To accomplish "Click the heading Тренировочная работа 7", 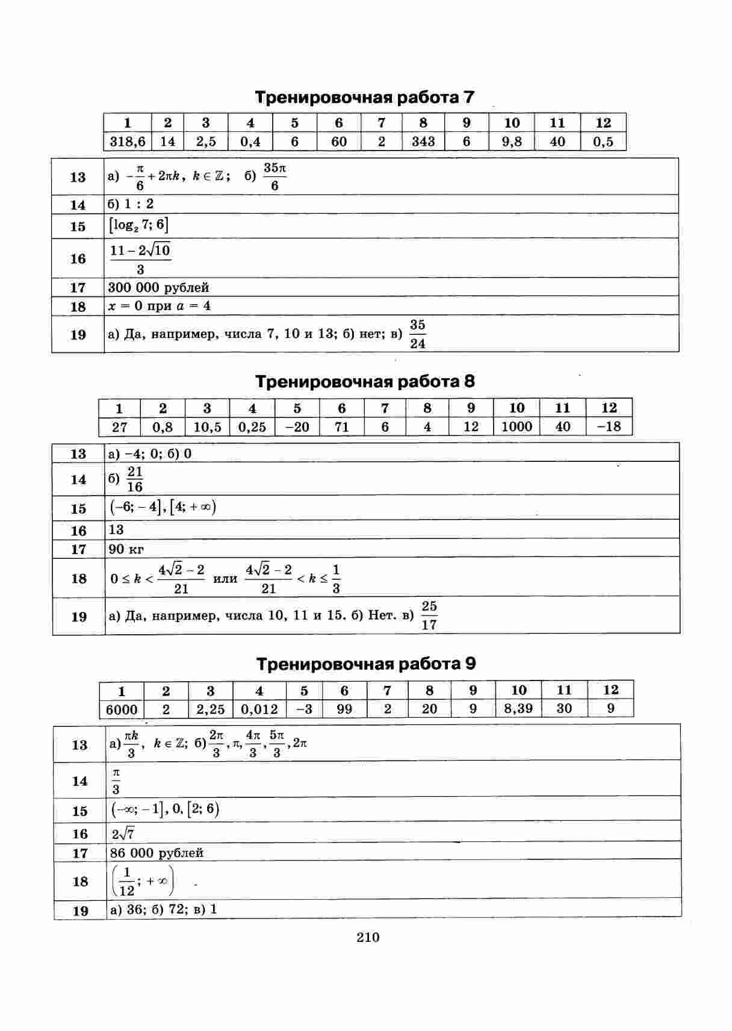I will pyautogui.click(x=365, y=98).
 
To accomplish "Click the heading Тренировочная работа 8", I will pyautogui.click(x=365, y=382).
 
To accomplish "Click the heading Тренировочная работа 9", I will pyautogui.click(x=366, y=664).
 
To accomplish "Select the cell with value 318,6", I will pyautogui.click(x=128, y=142).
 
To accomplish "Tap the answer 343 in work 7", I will pyautogui.click(x=423, y=142).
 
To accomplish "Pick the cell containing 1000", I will pyautogui.click(x=517, y=427).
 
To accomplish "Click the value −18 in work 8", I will pyautogui.click(x=609, y=427).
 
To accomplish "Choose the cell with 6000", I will pyautogui.click(x=122, y=709).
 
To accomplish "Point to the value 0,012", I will pyautogui.click(x=259, y=709).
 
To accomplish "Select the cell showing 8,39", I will pyautogui.click(x=518, y=709).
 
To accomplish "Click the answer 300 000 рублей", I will pyautogui.click(x=159, y=287).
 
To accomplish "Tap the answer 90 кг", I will pyautogui.click(x=126, y=549).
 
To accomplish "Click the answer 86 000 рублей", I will pyautogui.click(x=157, y=853).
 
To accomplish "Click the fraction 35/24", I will pyautogui.click(x=417, y=334).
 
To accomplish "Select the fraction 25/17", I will pyautogui.click(x=429, y=615).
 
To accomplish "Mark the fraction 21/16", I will pyautogui.click(x=135, y=479).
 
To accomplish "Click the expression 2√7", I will pyautogui.click(x=123, y=834).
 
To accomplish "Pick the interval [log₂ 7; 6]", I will pyautogui.click(x=138, y=226).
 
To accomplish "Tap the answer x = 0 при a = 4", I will pyautogui.click(x=160, y=306).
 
